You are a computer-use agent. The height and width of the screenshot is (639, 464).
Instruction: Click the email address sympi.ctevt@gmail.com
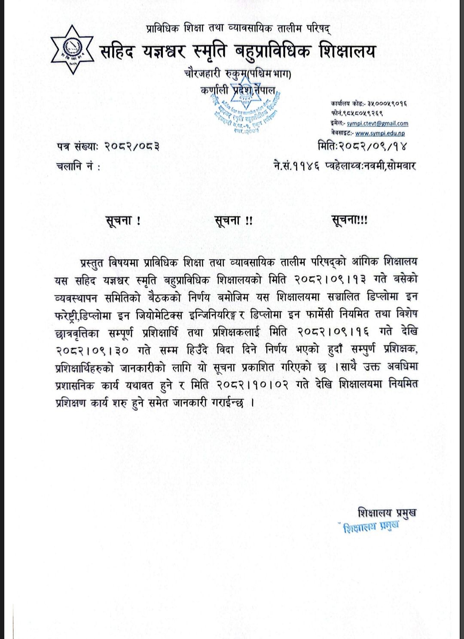378,124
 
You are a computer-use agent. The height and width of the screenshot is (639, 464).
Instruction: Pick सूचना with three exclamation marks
349,221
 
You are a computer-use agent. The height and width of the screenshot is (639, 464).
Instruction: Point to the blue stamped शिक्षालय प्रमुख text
371,527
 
